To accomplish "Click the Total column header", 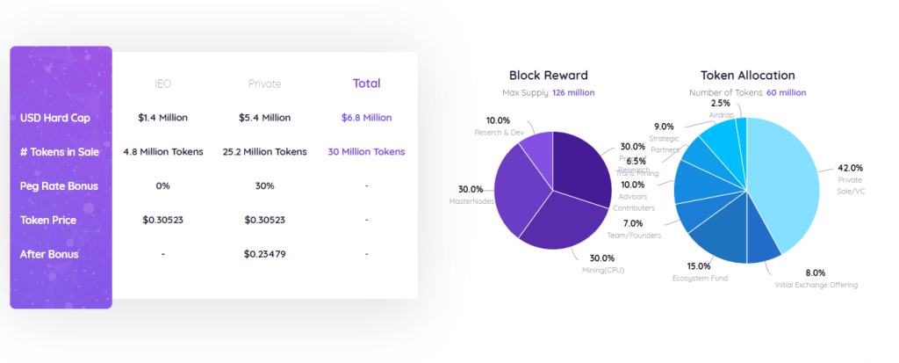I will tap(366, 83).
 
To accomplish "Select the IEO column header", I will tap(162, 84).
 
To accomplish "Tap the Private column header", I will tap(264, 84).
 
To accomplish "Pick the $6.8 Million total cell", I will tap(366, 118).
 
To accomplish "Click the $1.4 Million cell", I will tap(162, 118).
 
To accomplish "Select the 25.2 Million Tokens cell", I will tap(264, 152).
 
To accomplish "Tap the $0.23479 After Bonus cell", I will tap(264, 254).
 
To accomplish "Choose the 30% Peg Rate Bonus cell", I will tap(264, 185).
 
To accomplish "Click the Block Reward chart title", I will tap(548, 76).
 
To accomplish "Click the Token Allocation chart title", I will tap(747, 76).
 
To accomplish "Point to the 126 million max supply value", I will tap(573, 92).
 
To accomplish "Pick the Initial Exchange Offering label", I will tap(816, 285).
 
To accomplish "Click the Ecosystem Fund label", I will tap(700, 278).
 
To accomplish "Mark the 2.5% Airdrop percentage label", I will tap(720, 104).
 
